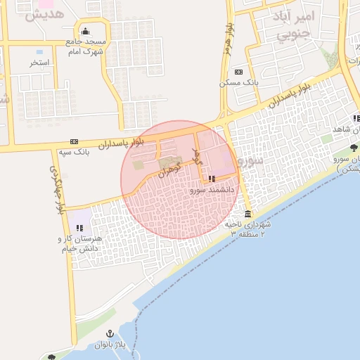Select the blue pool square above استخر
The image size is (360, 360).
pyautogui.click(x=39, y=52)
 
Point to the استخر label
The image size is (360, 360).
pyautogui.click(x=39, y=63)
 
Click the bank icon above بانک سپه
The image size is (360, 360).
pyautogui.click(x=75, y=141)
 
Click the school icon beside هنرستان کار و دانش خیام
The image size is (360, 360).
pyautogui.click(x=79, y=228)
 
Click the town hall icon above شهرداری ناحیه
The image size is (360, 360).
pyautogui.click(x=247, y=214)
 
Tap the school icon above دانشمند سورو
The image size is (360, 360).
pyautogui.click(x=212, y=179)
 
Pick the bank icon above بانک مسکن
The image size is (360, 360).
pyautogui.click(x=239, y=72)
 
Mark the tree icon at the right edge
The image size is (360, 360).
pyautogui.click(x=354, y=148)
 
